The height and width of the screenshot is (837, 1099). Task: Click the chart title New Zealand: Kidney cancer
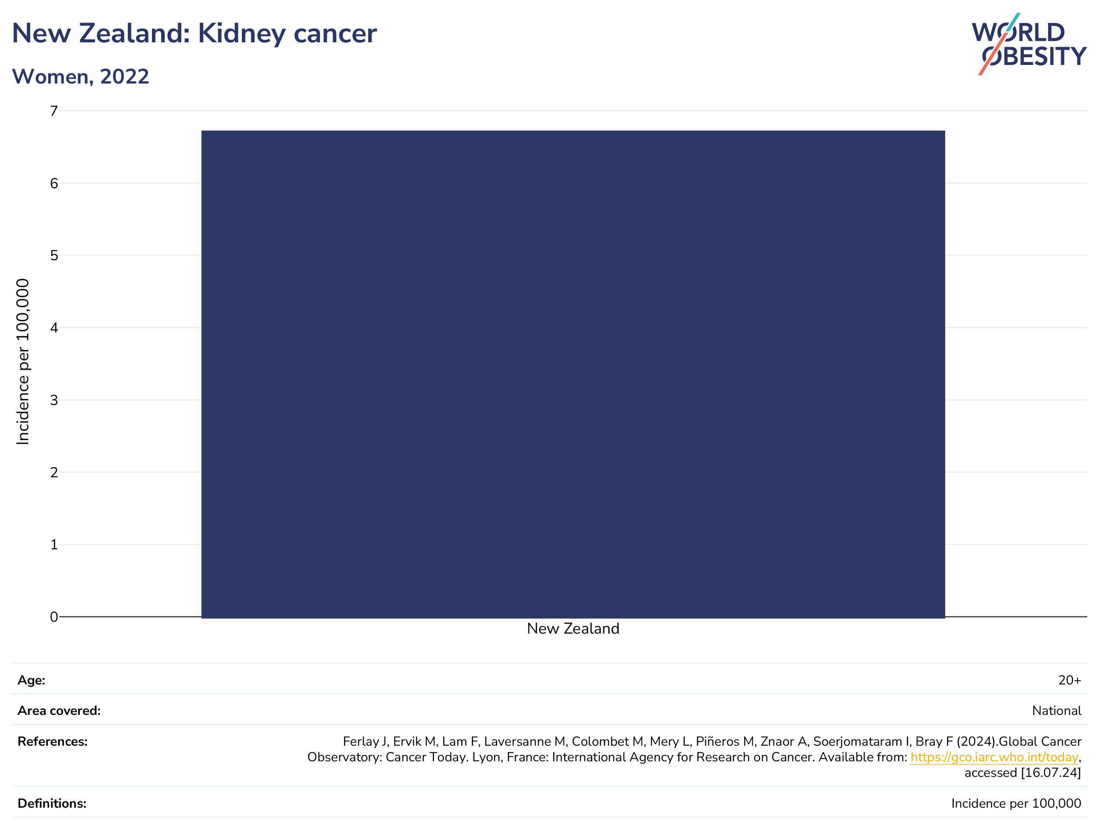click(194, 33)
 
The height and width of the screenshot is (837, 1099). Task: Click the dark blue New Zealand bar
click(573, 374)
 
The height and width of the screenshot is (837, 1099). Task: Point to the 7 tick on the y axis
click(54, 111)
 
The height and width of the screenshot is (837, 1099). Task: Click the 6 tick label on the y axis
click(54, 183)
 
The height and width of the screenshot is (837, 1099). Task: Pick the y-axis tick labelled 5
click(54, 256)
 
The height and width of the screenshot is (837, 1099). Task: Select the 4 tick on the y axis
click(54, 328)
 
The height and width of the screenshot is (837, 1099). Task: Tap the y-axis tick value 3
click(54, 400)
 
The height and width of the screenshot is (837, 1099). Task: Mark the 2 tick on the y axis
click(54, 472)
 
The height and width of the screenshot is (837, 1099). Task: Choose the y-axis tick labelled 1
click(54, 545)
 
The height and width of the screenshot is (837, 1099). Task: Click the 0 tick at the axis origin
click(54, 617)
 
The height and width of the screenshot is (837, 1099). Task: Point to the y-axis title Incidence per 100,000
click(23, 361)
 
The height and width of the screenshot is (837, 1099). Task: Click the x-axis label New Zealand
click(573, 628)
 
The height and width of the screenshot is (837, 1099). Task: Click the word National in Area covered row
click(1057, 710)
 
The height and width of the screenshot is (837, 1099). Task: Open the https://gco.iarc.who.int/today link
click(994, 757)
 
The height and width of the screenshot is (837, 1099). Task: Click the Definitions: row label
click(52, 803)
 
